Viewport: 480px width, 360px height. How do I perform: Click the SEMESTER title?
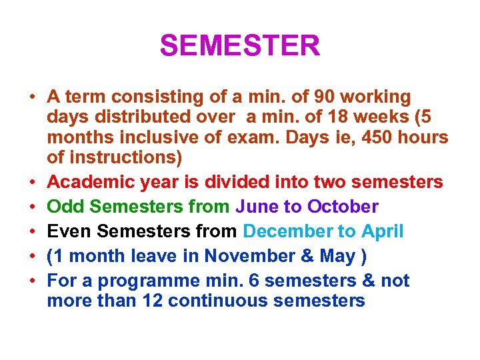[240, 46]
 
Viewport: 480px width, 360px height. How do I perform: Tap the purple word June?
[257, 206]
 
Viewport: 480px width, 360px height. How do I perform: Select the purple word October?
[343, 206]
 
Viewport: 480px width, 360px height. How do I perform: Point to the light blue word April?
[383, 231]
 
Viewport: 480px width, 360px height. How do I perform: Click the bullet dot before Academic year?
[31, 182]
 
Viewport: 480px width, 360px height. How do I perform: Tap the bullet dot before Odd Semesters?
[31, 207]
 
